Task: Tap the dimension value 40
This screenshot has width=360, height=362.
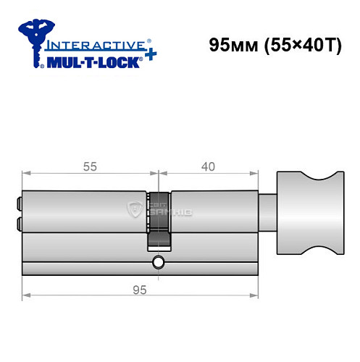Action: (208, 166)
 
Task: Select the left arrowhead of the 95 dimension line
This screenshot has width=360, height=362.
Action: (26, 295)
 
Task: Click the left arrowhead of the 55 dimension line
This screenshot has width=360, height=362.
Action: (26, 173)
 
